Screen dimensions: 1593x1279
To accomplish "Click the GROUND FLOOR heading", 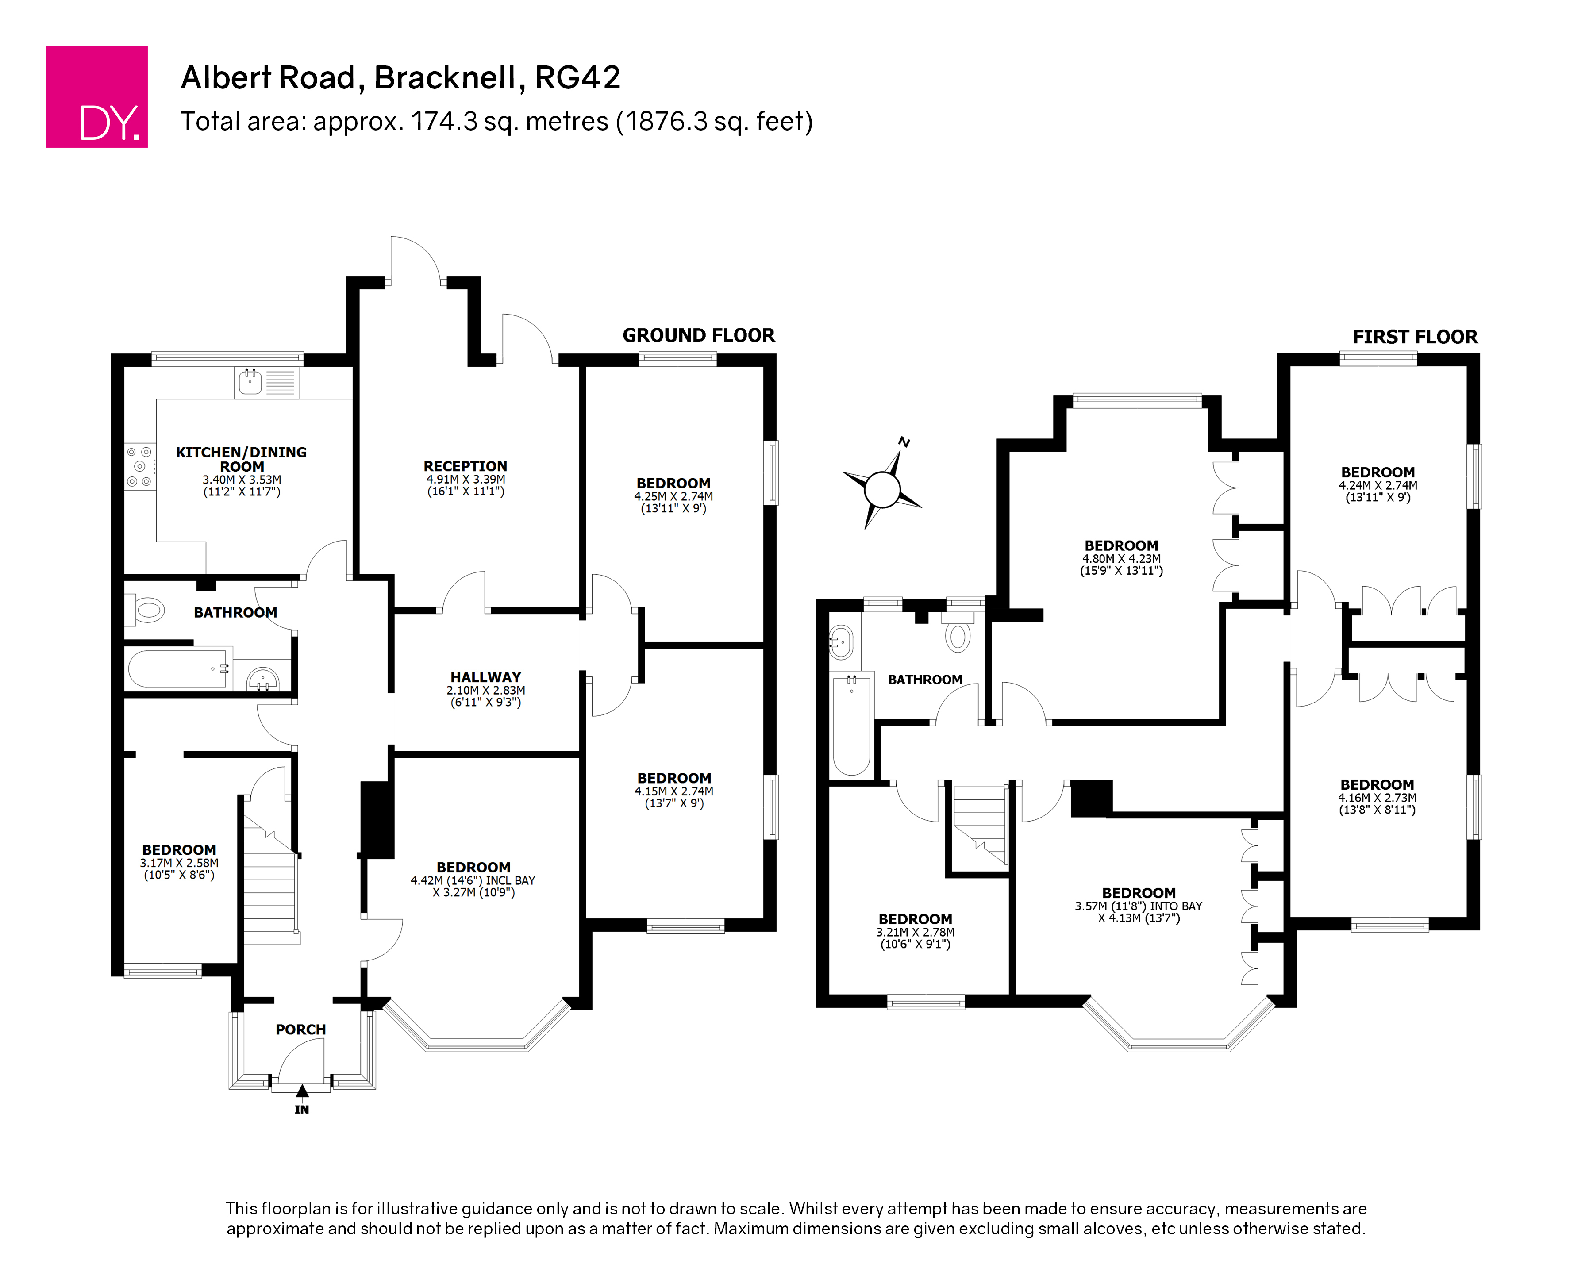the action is pos(698,335).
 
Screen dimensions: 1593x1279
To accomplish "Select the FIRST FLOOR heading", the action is pos(1415,337).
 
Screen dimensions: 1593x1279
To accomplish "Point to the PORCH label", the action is pos(301,1029).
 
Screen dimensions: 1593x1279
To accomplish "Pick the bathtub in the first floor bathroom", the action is pos(852,725).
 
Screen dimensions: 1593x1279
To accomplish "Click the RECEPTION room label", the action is pos(466,466).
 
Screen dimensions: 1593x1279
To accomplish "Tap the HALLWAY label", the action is pos(485,677).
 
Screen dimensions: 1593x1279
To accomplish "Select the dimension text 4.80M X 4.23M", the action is pos(1122,559).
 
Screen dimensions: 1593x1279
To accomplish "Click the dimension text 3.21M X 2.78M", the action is pos(916,933).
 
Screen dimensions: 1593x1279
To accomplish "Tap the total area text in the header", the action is pos(496,121).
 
